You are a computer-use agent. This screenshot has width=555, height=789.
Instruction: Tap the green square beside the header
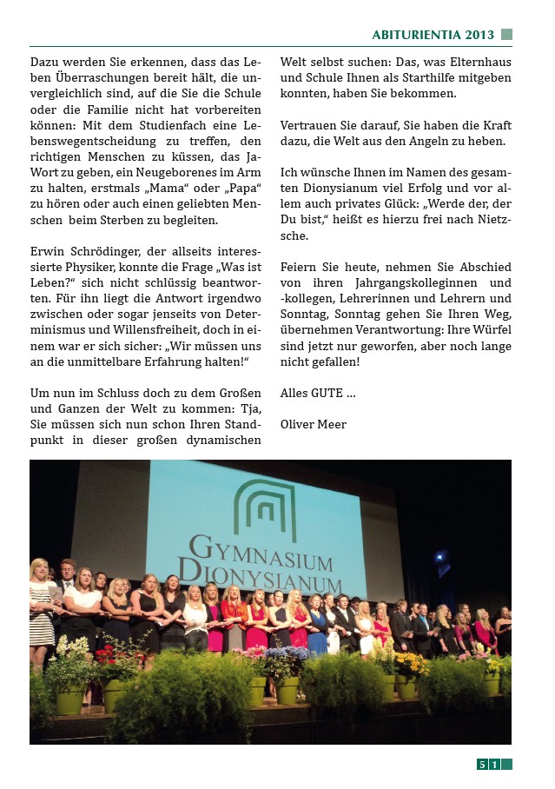click(507, 35)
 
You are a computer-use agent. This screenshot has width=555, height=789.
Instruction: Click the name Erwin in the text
click(48, 252)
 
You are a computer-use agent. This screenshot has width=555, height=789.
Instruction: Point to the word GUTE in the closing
click(327, 393)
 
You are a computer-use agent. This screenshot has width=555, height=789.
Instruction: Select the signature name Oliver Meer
click(314, 424)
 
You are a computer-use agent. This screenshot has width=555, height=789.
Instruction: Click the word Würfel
click(492, 330)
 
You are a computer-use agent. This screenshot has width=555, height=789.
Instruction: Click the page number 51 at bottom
click(487, 765)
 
